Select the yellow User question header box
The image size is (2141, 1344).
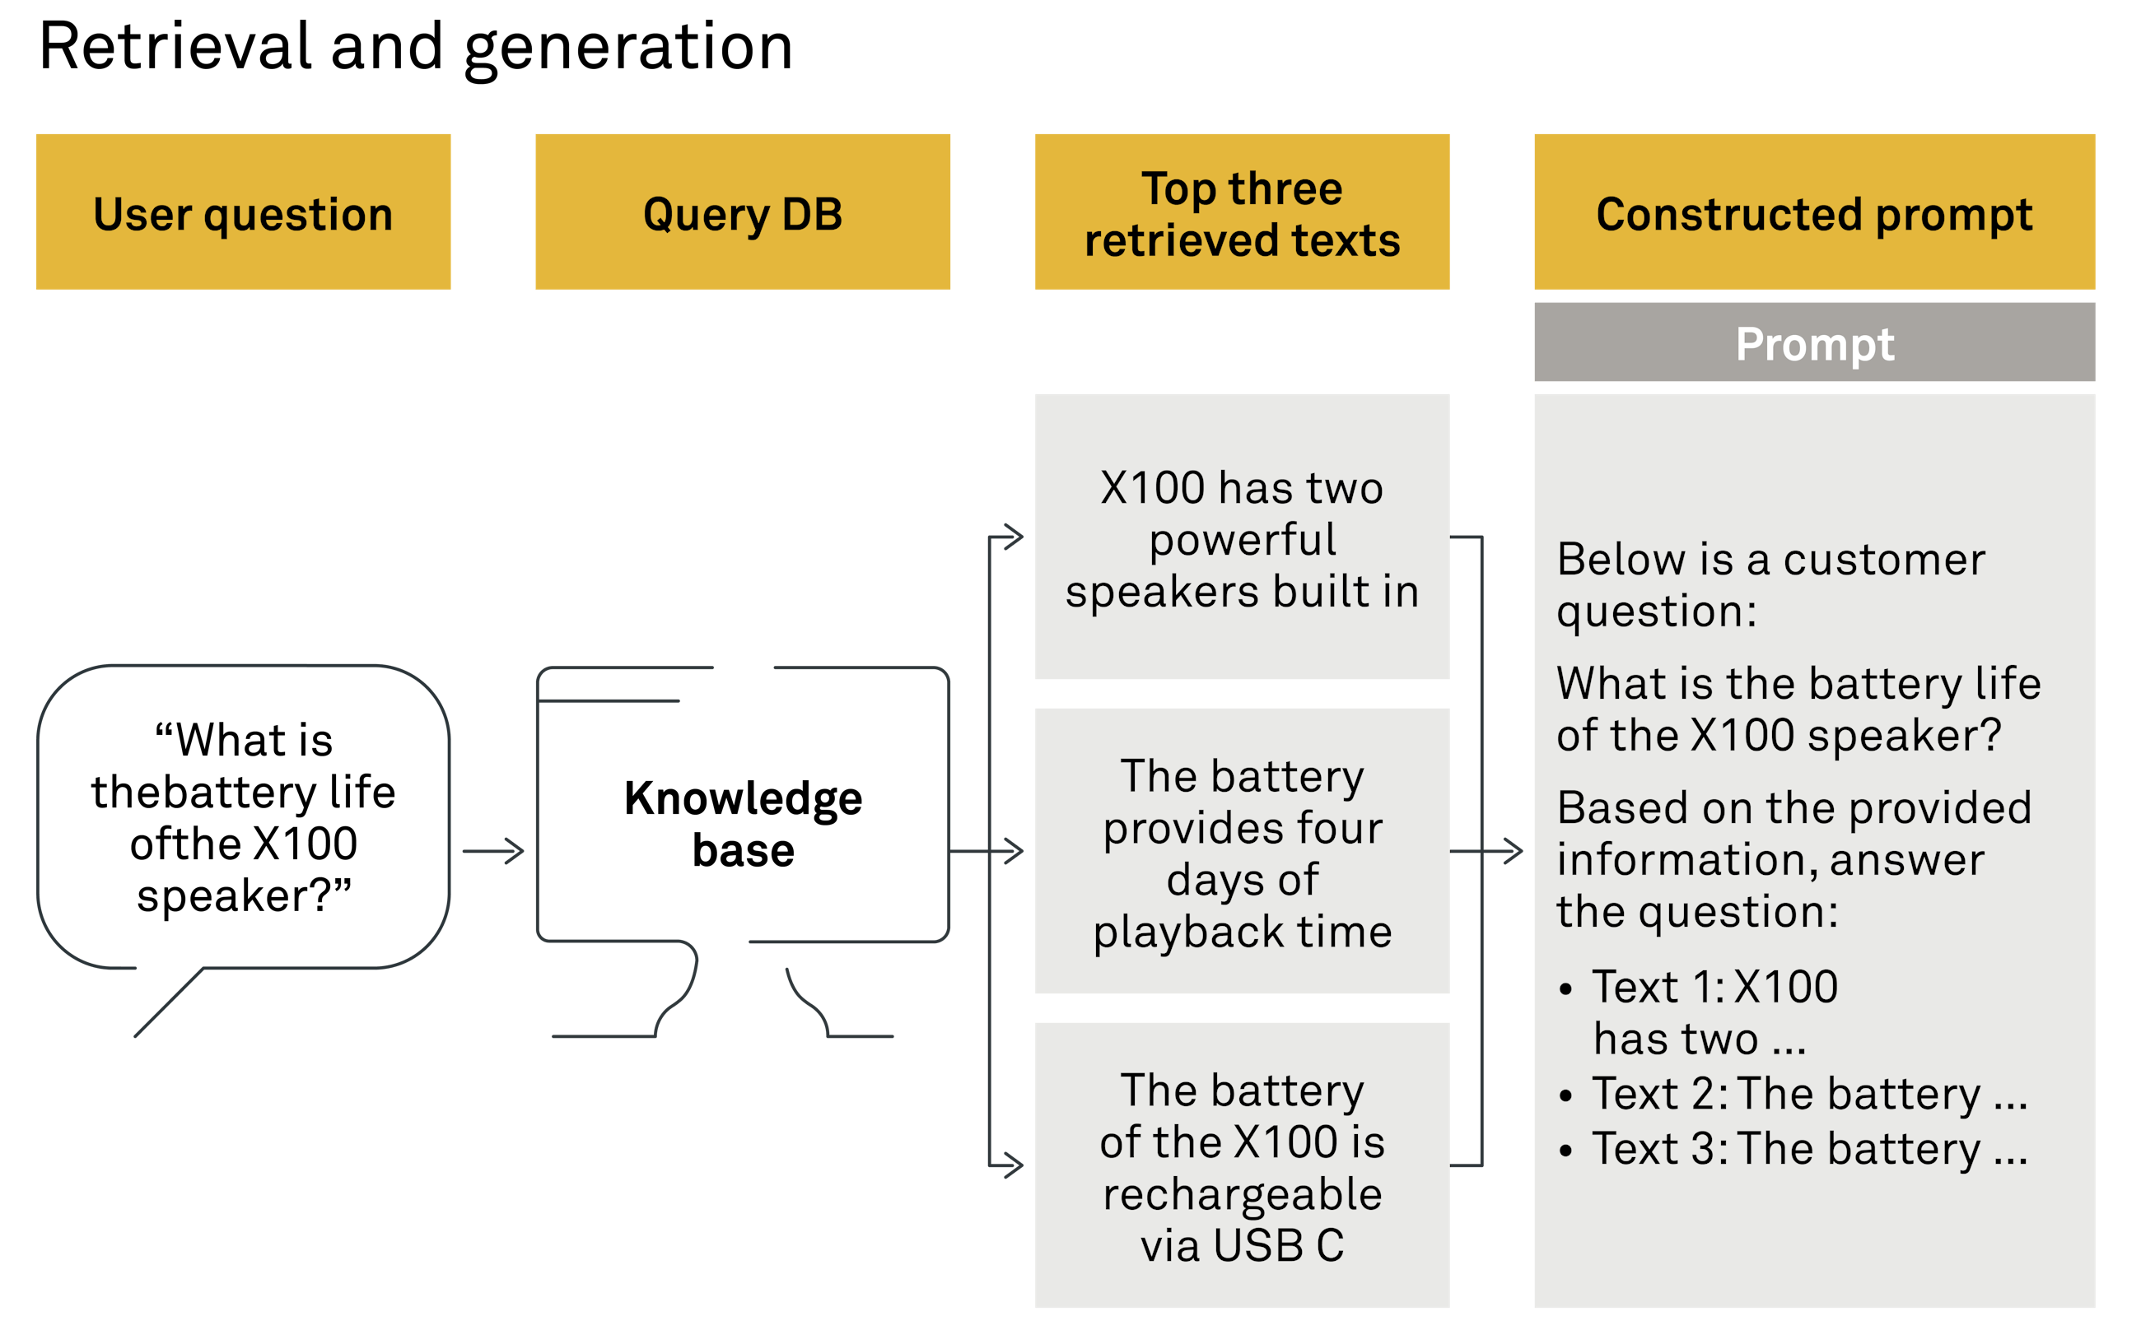pos(243,212)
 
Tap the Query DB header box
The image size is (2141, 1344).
pos(743,212)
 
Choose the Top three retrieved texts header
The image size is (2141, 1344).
pos(1241,212)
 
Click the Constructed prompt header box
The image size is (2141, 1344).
pos(1814,212)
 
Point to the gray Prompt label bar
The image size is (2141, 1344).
pos(1814,343)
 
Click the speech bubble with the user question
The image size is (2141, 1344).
pos(243,816)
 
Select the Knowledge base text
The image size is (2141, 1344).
pos(743,823)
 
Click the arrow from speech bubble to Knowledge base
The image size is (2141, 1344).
pos(494,852)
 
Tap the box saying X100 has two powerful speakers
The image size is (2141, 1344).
pos(1241,537)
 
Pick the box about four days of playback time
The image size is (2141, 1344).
pos(1241,852)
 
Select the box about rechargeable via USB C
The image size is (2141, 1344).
pos(1241,1165)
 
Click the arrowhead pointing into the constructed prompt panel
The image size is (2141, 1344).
pos(1514,852)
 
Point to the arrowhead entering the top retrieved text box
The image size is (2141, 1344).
pos(1014,537)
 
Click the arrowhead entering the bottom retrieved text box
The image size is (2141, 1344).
pos(1014,1165)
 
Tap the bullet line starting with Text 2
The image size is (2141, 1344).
pos(1808,1093)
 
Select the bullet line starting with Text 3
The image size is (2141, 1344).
pos(1808,1148)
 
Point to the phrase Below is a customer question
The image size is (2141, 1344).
pos(1770,584)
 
